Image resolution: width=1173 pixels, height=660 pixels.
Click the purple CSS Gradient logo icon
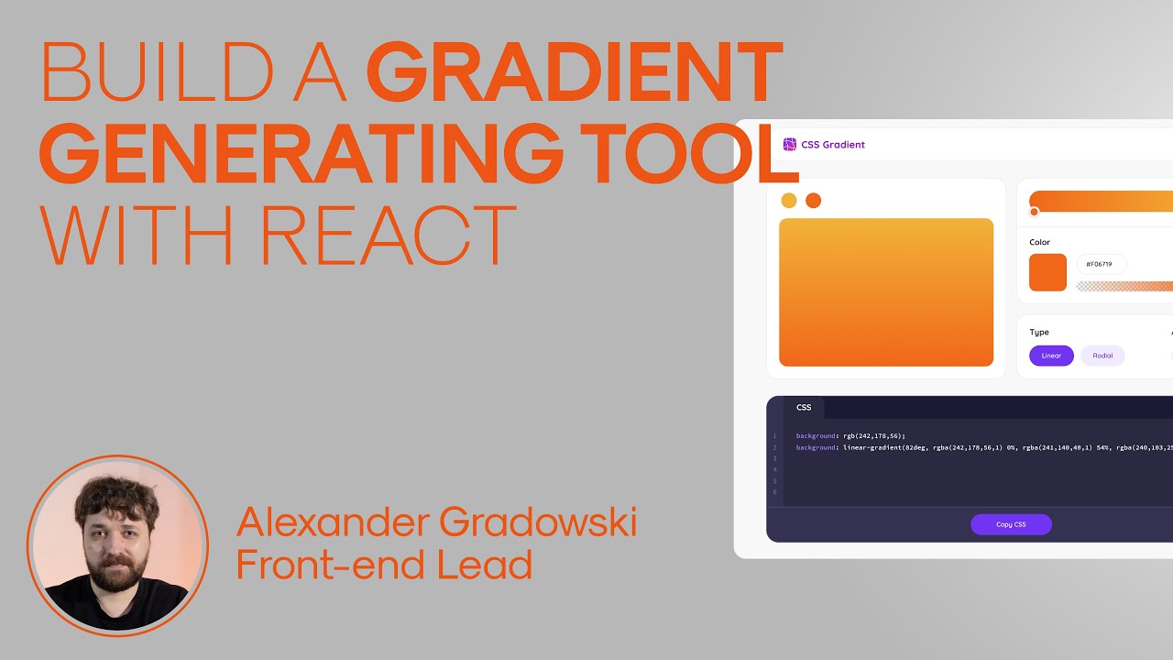tap(790, 144)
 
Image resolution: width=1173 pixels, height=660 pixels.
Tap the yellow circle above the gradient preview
tap(788, 201)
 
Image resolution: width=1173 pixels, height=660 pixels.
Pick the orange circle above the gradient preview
tap(813, 201)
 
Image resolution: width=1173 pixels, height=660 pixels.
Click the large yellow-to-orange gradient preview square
tap(885, 291)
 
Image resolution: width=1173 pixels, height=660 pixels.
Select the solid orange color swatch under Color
tap(1047, 272)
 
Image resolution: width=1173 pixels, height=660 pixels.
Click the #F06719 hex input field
tap(1101, 264)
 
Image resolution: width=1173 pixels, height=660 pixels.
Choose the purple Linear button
tap(1051, 356)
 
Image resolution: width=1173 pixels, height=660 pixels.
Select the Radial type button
tap(1102, 356)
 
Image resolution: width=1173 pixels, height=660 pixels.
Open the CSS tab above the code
tap(804, 407)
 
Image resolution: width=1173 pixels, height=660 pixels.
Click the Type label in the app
tap(1039, 332)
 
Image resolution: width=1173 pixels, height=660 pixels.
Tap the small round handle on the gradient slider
tap(1035, 212)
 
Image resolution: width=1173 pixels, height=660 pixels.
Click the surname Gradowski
tap(538, 522)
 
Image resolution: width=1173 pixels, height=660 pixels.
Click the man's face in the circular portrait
tap(108, 541)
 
